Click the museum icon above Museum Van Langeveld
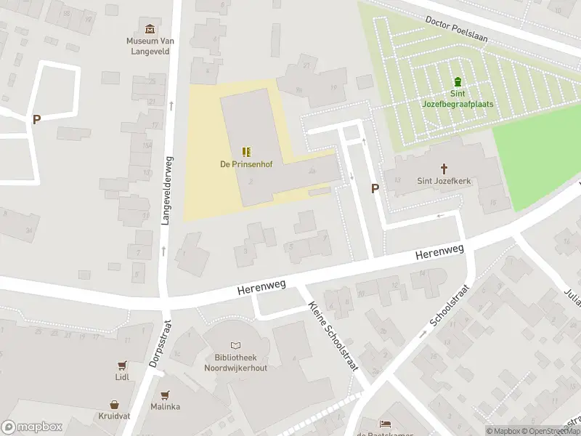pos(150,29)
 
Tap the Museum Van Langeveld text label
pos(150,46)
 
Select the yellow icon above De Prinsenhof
pos(246,151)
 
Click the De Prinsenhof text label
pos(245,164)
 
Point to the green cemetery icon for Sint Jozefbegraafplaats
pos(458,81)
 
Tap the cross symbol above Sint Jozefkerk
pos(444,168)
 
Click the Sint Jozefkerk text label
pos(444,181)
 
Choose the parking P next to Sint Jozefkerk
pos(375,188)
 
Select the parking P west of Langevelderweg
pos(36,120)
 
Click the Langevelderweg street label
pos(166,190)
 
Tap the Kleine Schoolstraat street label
pos(333,336)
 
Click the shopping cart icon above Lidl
pos(122,365)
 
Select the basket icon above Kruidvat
pos(115,404)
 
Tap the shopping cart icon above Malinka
pos(165,395)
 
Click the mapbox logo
pos(32,427)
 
